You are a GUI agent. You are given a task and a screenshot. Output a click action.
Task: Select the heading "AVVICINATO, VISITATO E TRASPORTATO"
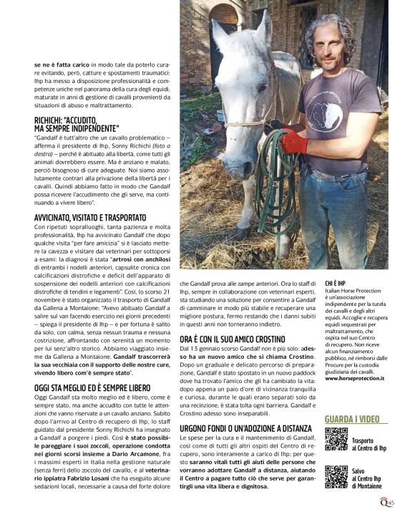coord(94,217)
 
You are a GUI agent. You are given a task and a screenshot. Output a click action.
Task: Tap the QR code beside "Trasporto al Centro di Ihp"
coord(336,439)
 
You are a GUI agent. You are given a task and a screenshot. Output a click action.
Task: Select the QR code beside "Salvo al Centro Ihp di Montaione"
coord(336,476)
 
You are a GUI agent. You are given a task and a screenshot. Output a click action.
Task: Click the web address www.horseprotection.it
coord(354,377)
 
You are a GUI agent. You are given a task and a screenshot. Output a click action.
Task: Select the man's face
coord(331,43)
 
